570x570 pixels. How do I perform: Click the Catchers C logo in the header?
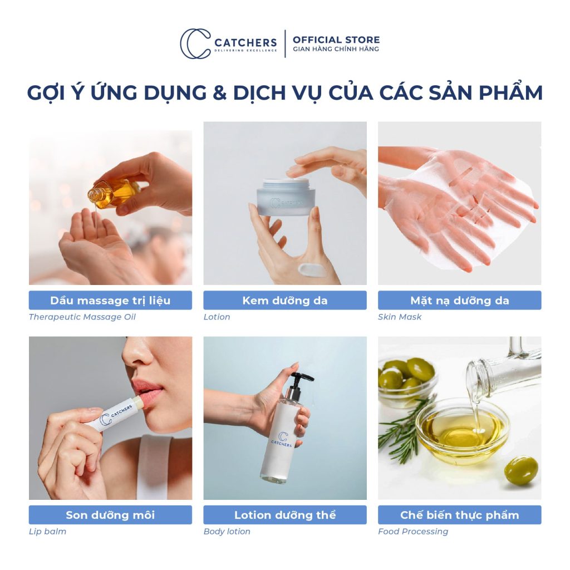click(x=195, y=44)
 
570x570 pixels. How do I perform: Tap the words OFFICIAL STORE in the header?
click(x=336, y=40)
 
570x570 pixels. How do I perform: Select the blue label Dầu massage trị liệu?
click(x=110, y=301)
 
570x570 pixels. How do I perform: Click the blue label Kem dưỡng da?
click(x=284, y=301)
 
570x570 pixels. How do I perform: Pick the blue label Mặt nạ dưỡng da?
click(x=459, y=301)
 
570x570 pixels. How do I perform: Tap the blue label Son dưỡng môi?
click(x=110, y=515)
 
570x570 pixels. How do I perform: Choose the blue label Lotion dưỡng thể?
click(x=284, y=515)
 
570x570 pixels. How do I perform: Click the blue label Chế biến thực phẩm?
click(x=459, y=515)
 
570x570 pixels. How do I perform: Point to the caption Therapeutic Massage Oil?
click(x=82, y=317)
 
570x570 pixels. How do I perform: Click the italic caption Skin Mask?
click(x=400, y=317)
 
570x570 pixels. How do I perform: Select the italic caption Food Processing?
click(x=413, y=532)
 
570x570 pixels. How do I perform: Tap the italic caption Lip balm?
click(x=47, y=532)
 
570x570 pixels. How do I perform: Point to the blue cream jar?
click(x=286, y=197)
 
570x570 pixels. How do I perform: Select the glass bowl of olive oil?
click(x=462, y=431)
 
